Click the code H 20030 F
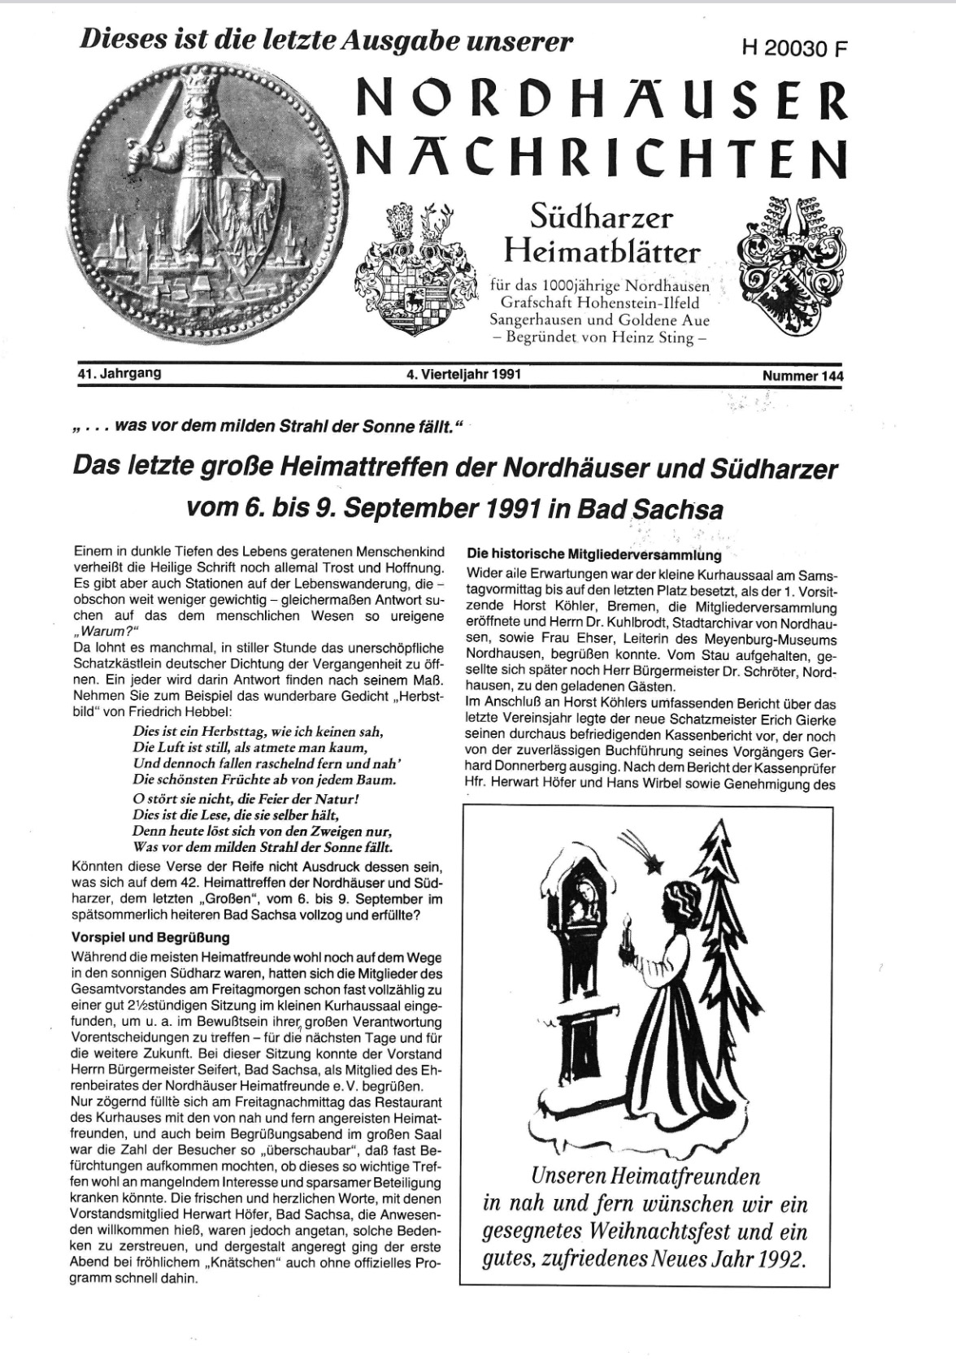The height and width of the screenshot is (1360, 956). click(x=794, y=48)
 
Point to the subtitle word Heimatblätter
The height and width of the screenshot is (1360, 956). click(x=602, y=251)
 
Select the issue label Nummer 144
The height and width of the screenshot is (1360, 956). click(x=802, y=376)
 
